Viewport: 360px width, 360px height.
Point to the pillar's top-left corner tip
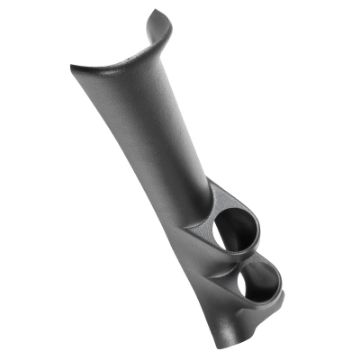pos(72,64)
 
